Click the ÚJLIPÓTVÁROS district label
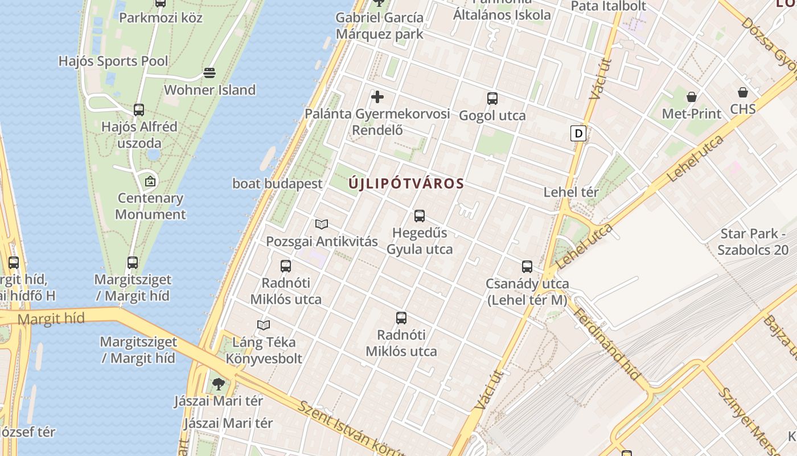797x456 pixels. [x=406, y=184]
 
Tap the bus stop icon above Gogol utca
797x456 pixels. [x=492, y=99]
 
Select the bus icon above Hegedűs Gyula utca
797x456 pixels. [x=420, y=216]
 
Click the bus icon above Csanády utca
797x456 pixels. [x=527, y=266]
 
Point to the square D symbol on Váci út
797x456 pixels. [x=578, y=134]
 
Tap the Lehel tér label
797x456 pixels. [x=571, y=192]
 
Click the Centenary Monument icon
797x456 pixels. [x=150, y=182]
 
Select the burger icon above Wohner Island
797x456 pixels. [x=209, y=73]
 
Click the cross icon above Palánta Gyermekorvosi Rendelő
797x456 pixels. [x=377, y=97]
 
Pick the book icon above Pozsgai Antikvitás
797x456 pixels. [x=322, y=224]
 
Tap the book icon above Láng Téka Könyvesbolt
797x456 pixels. [x=263, y=325]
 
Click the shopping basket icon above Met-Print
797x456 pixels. [x=691, y=97]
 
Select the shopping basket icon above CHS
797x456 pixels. [x=742, y=92]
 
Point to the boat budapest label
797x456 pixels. [x=277, y=184]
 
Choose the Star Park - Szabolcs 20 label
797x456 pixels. [x=753, y=242]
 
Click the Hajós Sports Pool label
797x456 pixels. [x=113, y=61]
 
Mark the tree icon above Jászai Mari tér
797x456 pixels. [x=218, y=384]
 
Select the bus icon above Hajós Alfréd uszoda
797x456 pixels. [x=139, y=110]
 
